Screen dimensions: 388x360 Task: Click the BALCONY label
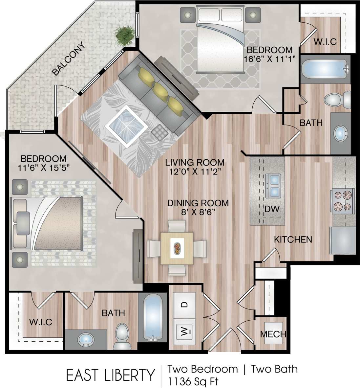[69, 59]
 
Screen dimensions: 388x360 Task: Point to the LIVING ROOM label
[195, 162]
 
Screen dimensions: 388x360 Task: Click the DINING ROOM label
[198, 203]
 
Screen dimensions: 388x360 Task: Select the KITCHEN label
[293, 239]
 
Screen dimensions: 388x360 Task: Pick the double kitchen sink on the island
[273, 185]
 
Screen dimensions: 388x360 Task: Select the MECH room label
[273, 334]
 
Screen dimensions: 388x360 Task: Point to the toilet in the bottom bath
[122, 336]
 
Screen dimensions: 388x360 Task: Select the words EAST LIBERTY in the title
[110, 375]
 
